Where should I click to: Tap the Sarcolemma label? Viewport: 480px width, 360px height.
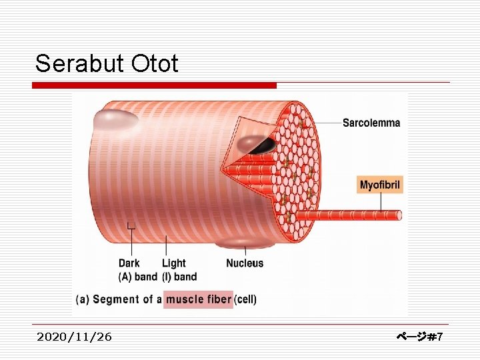click(x=371, y=123)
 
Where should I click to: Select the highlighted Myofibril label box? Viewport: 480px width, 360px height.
click(x=381, y=185)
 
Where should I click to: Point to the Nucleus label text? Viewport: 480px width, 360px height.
click(x=245, y=263)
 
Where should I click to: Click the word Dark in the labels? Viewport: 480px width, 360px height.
click(x=129, y=263)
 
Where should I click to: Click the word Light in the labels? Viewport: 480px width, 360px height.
click(x=174, y=263)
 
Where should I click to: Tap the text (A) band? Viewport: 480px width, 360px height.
click(x=138, y=277)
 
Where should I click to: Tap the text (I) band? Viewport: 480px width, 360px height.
click(x=179, y=277)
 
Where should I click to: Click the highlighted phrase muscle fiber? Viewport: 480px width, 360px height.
click(x=198, y=299)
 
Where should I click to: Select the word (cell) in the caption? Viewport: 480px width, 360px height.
click(x=245, y=299)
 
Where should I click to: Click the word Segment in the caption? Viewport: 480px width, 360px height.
click(x=116, y=299)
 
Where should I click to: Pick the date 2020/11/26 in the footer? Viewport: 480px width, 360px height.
click(x=75, y=337)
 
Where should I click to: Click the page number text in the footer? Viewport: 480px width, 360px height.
click(x=419, y=337)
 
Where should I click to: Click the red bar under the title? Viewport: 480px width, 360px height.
click(x=155, y=85)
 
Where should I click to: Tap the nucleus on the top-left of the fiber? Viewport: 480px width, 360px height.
click(x=115, y=120)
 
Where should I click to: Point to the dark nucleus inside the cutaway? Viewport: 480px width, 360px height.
click(x=257, y=145)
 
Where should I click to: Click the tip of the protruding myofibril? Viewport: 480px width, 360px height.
click(x=398, y=215)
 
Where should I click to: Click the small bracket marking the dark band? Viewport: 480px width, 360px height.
click(x=131, y=226)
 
